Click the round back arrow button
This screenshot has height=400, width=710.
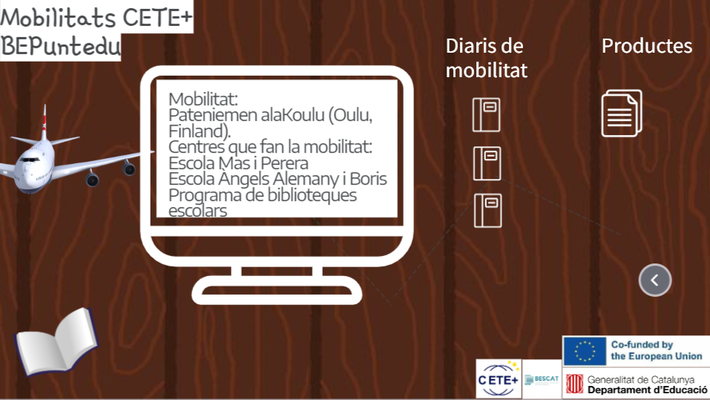[655, 280]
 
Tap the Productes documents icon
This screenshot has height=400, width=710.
[621, 114]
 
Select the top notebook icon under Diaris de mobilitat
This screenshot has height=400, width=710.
[486, 114]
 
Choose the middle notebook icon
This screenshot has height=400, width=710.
[487, 163]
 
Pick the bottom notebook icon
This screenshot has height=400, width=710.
[487, 210]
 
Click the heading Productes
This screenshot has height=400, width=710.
[647, 46]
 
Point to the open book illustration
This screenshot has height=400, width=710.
[56, 341]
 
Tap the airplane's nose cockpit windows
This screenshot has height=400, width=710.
[30, 160]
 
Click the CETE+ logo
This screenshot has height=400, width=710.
[498, 379]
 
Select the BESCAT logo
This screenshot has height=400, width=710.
[542, 380]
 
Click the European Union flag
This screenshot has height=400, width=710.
[585, 351]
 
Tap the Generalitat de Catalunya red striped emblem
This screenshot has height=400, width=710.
[575, 384]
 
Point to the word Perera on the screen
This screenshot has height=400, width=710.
[284, 163]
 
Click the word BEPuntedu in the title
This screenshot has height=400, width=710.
[61, 46]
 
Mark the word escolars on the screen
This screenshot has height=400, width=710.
[197, 211]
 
